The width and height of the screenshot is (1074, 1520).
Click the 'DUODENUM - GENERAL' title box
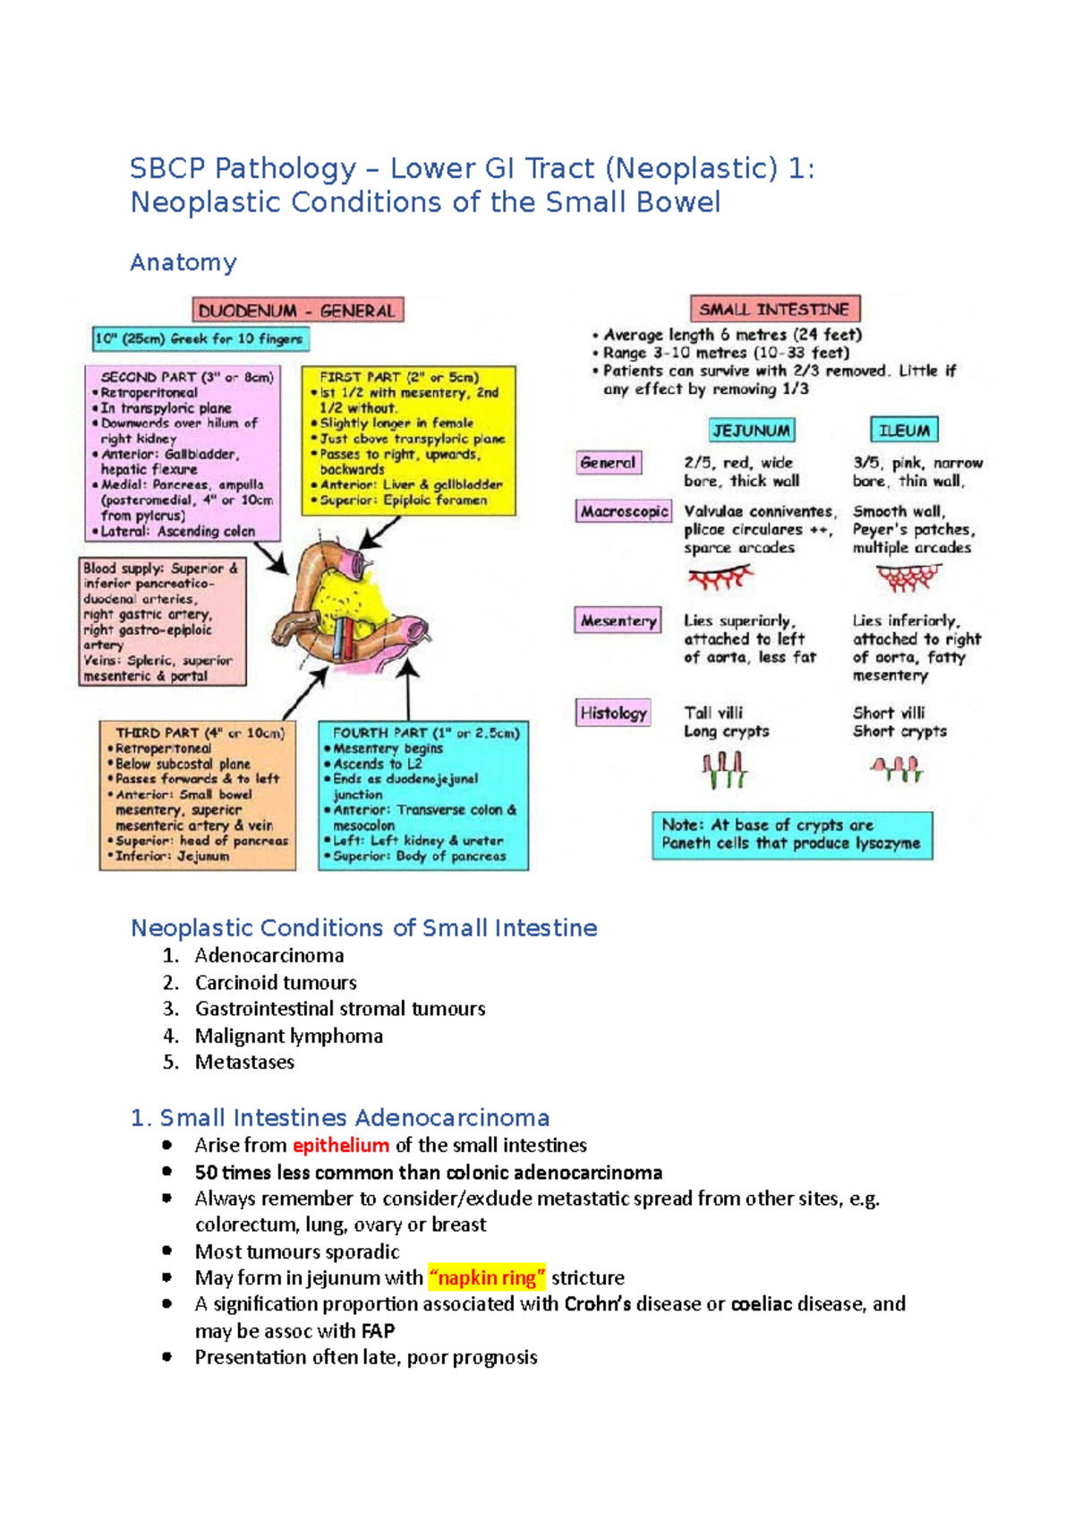coord(298,311)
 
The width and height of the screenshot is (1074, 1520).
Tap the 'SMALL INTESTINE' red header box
coord(775,309)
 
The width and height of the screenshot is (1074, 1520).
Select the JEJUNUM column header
coord(752,431)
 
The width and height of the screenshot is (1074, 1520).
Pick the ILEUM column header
coord(904,431)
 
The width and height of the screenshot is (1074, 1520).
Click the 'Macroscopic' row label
coord(624,511)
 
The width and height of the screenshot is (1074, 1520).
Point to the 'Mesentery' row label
coord(618,620)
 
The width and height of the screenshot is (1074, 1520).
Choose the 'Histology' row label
coord(613,713)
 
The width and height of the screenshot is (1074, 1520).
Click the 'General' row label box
coord(608,463)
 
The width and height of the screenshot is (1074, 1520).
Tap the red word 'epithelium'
coord(341,1145)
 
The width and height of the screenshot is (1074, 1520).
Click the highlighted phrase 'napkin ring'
coord(487,1277)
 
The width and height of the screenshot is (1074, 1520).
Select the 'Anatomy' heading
coord(183,262)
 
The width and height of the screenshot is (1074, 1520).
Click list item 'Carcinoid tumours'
coord(276,982)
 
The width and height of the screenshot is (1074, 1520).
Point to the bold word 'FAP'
coord(378,1331)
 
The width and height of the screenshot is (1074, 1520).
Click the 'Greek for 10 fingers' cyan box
coord(201,339)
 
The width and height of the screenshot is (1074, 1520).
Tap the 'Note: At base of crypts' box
coord(792,834)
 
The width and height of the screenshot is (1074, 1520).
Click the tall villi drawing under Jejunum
coord(724,770)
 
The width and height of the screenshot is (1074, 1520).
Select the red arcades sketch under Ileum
coord(908,579)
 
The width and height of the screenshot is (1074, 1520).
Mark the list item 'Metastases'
coord(244,1062)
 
